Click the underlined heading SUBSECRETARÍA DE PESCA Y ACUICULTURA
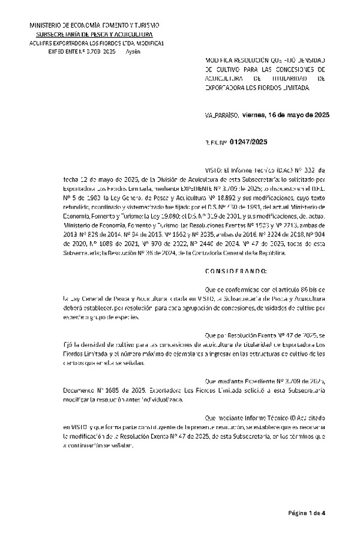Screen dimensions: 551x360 pyautogui.click(x=95, y=35)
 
